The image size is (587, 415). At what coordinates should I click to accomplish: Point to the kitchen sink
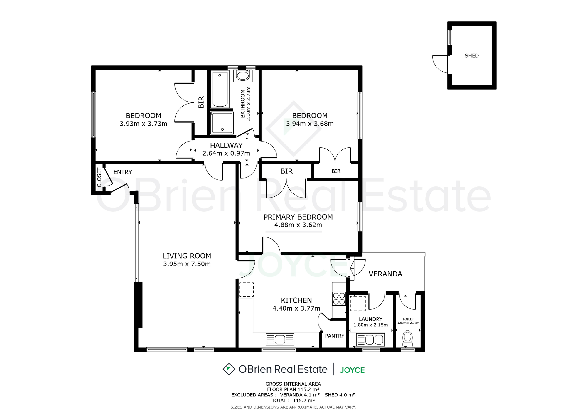(280, 340)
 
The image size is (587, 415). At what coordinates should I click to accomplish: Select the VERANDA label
(385, 274)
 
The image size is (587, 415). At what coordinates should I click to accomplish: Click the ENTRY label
(123, 172)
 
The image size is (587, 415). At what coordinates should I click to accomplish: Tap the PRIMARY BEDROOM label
(298, 217)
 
